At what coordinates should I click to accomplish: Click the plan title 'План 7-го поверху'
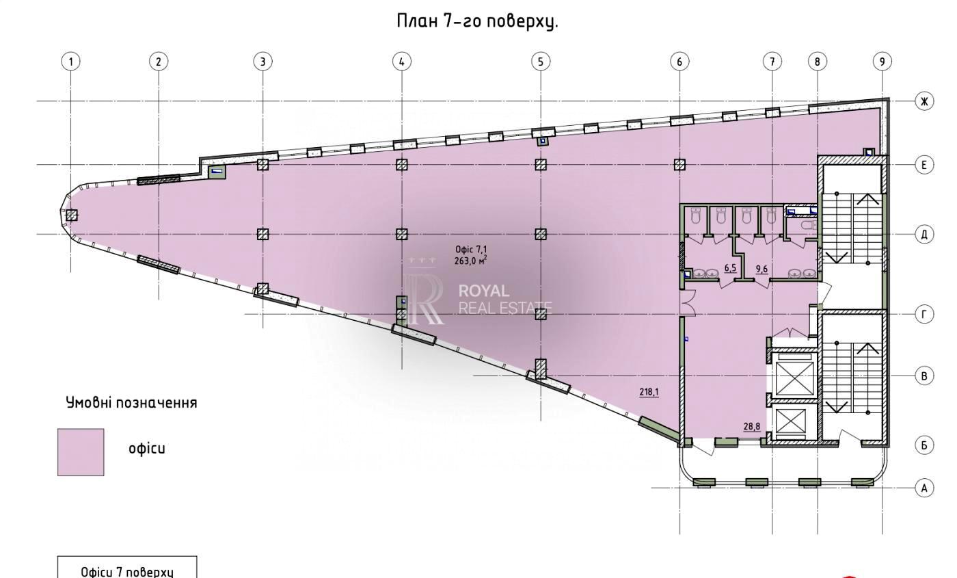(x=477, y=21)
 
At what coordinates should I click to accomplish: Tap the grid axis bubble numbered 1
(x=71, y=62)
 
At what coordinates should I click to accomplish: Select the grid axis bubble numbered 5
(x=541, y=62)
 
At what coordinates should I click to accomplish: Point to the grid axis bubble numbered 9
(x=882, y=62)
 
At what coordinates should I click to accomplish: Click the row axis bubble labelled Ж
(x=924, y=101)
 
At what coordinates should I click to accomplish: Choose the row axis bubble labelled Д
(x=924, y=234)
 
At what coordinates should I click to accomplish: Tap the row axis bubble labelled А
(x=924, y=488)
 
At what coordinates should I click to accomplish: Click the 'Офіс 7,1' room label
(x=471, y=250)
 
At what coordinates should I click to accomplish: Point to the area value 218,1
(x=649, y=392)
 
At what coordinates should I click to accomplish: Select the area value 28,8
(x=752, y=426)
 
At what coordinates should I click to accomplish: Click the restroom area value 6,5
(x=730, y=268)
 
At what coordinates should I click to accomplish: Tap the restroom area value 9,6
(x=761, y=269)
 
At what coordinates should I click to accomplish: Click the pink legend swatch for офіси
(x=81, y=452)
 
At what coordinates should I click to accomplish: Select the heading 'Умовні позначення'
(x=131, y=403)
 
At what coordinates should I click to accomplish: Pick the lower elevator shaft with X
(x=790, y=421)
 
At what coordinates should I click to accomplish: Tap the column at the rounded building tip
(x=71, y=215)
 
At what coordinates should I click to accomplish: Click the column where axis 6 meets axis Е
(x=679, y=165)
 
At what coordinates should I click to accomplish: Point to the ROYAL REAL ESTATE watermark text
(x=505, y=299)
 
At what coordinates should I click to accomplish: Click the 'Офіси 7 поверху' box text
(x=127, y=572)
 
